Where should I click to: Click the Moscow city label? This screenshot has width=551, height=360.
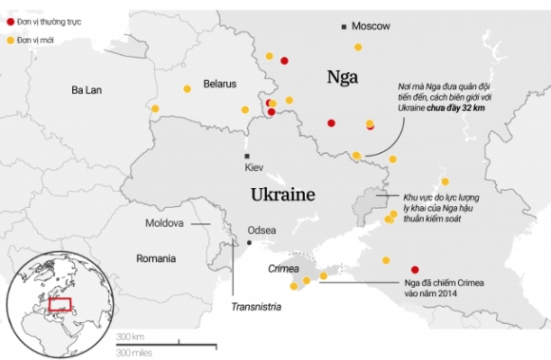point(370,27)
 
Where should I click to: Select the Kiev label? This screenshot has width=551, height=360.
point(254,167)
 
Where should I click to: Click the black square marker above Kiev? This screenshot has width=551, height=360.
point(247,156)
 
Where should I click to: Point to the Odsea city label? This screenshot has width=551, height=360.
point(261,230)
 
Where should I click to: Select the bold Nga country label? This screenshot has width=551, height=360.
point(342,77)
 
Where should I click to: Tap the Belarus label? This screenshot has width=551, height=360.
point(218,84)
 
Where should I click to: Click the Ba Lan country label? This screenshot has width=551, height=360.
point(86,90)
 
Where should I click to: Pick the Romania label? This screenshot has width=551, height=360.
point(156,258)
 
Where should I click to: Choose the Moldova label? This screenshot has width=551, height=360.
point(163,223)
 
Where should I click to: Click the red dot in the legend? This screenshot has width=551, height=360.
point(10,20)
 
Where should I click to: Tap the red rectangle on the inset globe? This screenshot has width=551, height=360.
point(60,306)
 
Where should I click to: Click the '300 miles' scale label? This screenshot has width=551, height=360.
point(134,353)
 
